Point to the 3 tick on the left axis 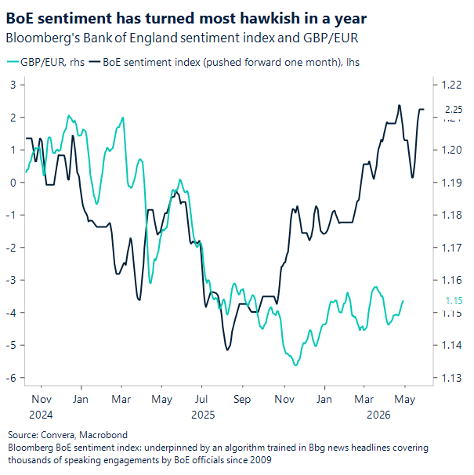click(13, 85)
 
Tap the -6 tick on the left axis click(11, 378)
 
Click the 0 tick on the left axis click(13, 183)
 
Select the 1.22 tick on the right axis click(453, 85)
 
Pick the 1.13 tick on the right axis click(453, 378)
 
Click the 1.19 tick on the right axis click(453, 183)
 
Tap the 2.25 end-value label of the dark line click(454, 110)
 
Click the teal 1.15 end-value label click(453, 301)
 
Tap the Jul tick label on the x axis click(202, 399)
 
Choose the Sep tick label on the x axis click(242, 399)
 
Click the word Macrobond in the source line click(104, 434)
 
